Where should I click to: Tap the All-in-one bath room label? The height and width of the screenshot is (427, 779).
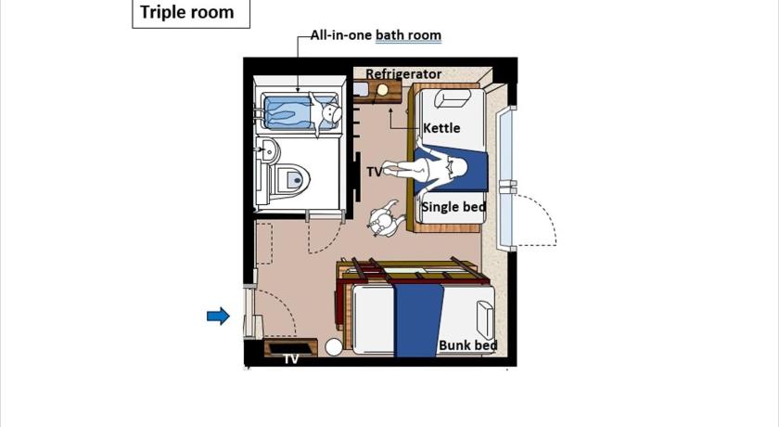tap(377, 35)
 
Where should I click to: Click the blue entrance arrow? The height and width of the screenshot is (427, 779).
tap(218, 316)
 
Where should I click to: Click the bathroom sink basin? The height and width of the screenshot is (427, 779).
tap(268, 149)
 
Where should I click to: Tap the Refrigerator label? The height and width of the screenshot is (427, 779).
tap(403, 74)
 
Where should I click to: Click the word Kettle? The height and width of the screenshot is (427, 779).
tap(441, 128)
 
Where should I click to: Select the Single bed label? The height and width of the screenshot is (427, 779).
tap(453, 207)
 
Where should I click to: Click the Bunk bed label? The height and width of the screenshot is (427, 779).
tap(468, 345)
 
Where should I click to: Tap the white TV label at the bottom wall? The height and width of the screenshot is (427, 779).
tap(291, 359)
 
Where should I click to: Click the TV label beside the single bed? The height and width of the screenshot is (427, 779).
tap(375, 172)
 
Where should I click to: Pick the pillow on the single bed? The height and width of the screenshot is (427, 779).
tap(453, 99)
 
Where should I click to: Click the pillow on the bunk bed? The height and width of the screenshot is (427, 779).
tap(485, 319)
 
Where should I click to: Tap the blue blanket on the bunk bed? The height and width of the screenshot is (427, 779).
tap(418, 320)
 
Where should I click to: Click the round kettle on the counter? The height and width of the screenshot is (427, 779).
tap(382, 90)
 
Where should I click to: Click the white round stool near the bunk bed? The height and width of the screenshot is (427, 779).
tap(334, 347)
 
